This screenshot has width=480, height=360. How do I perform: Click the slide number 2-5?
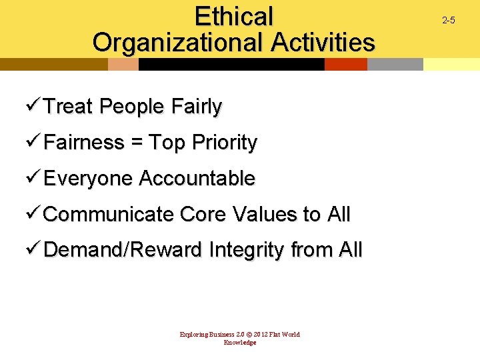coord(449,21)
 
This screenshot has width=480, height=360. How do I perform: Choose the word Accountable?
coord(197,179)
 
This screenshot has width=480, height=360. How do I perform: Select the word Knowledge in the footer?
coord(240,343)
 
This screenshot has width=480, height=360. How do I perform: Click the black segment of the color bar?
coord(231,65)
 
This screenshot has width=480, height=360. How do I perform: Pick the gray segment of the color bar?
coord(395,65)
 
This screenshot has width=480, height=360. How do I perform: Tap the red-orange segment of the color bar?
coord(345,65)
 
